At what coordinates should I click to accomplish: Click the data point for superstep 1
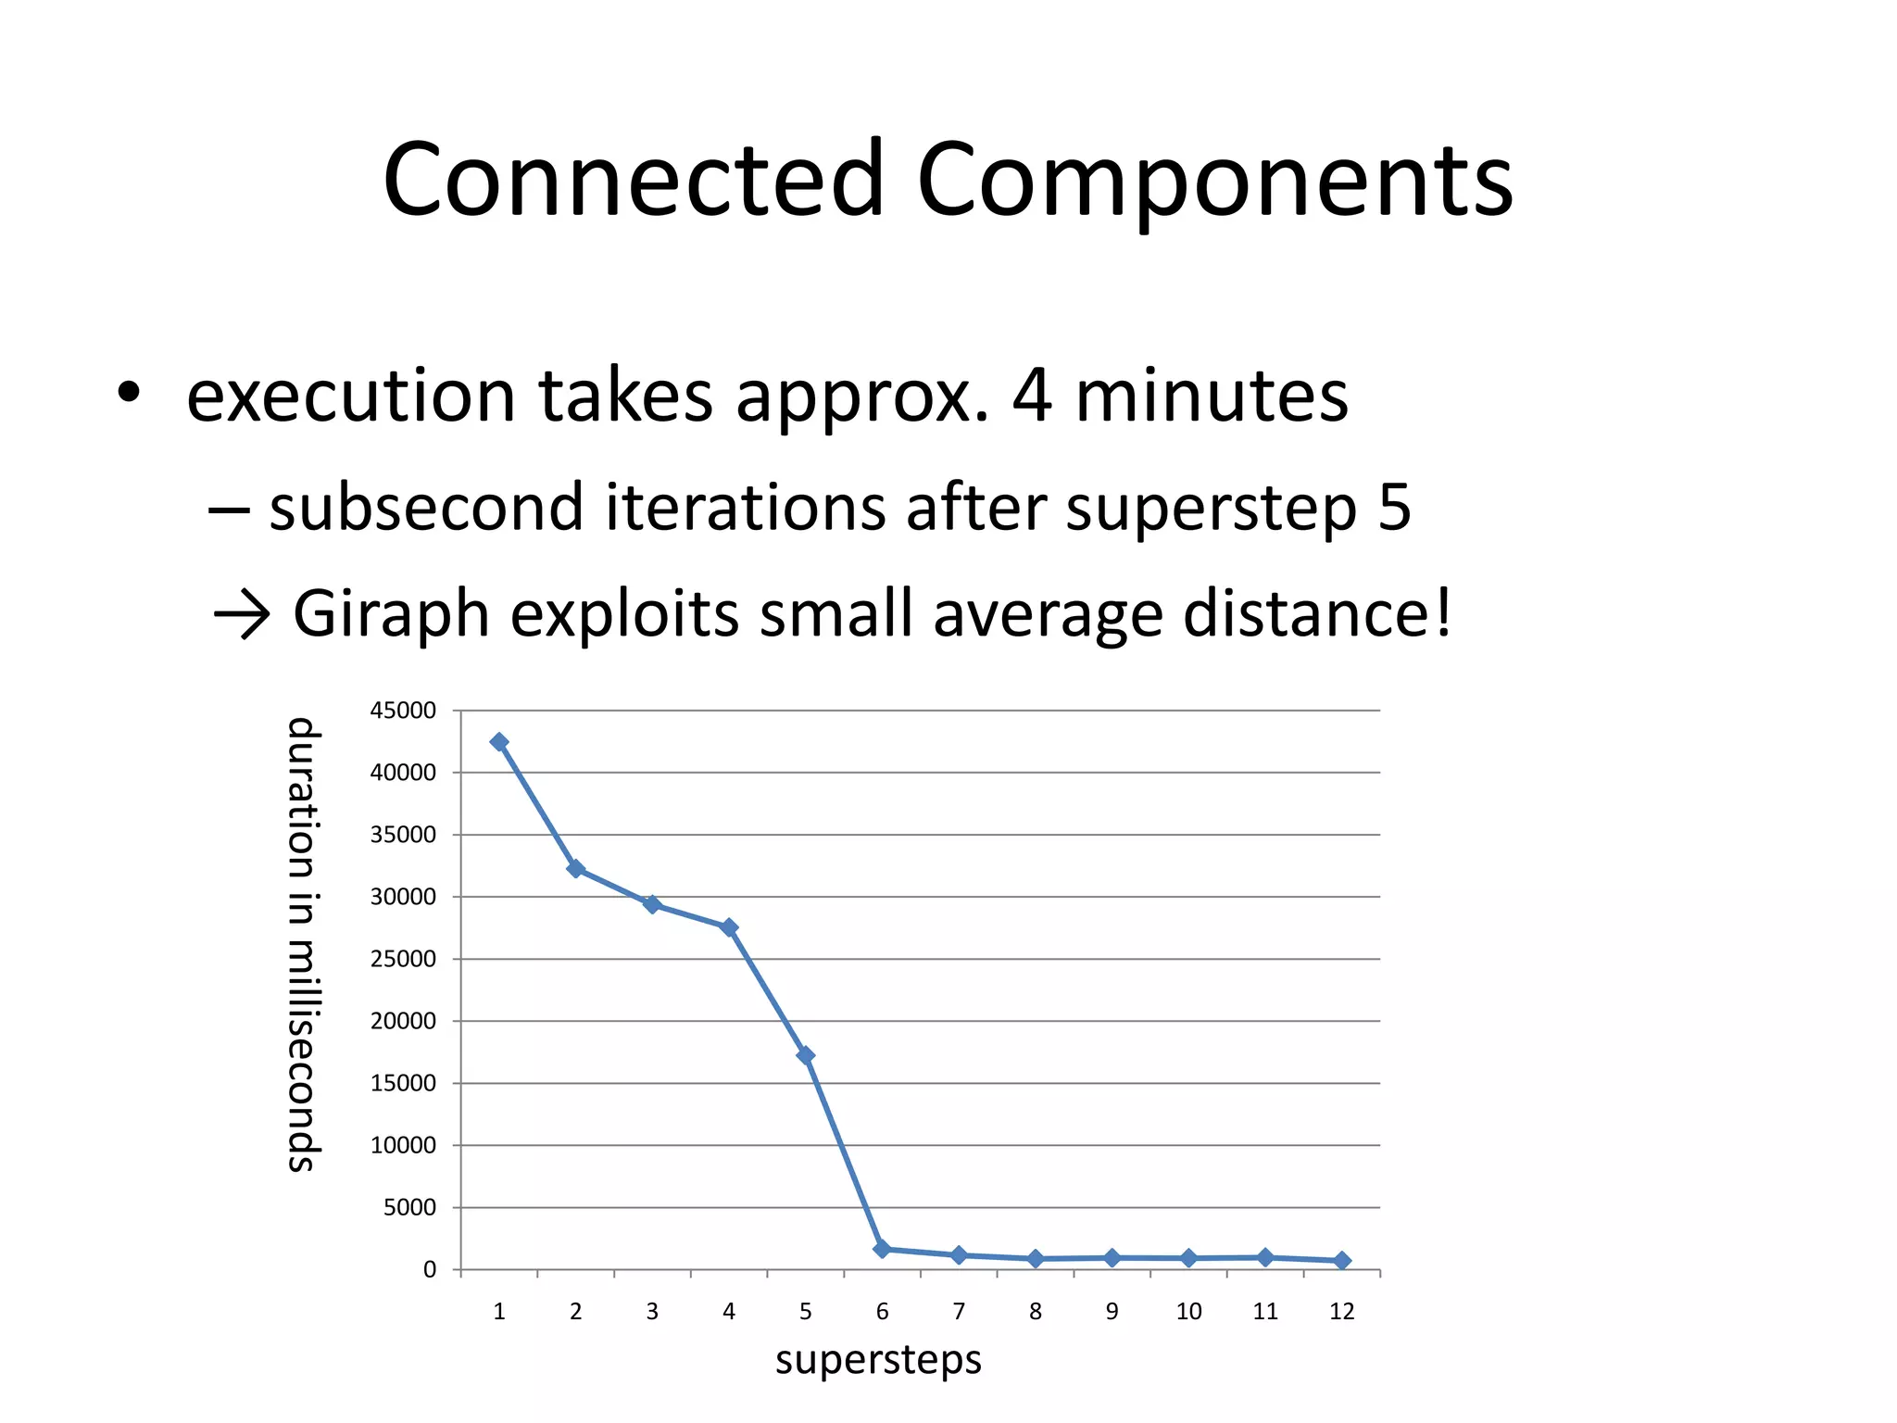point(499,742)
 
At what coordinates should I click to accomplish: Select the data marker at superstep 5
point(806,1055)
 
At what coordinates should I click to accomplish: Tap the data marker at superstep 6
point(882,1249)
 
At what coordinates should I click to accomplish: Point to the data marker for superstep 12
point(1342,1260)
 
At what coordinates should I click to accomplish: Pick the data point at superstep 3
point(652,904)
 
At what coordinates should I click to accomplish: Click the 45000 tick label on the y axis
point(403,711)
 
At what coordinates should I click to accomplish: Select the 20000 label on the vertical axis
point(403,1021)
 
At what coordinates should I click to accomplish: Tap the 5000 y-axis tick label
point(409,1207)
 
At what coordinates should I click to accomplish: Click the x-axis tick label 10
point(1188,1312)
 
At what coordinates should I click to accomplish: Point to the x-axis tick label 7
point(959,1312)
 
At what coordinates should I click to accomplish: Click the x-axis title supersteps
point(878,1360)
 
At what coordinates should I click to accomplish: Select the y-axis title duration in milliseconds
point(302,945)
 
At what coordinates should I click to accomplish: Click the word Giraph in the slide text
point(391,613)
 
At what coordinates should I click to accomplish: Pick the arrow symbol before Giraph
point(241,615)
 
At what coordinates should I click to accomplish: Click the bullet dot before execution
point(129,392)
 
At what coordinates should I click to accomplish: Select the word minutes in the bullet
point(1211,396)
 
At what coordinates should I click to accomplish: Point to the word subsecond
point(426,509)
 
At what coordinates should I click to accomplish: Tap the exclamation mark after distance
point(1441,611)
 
